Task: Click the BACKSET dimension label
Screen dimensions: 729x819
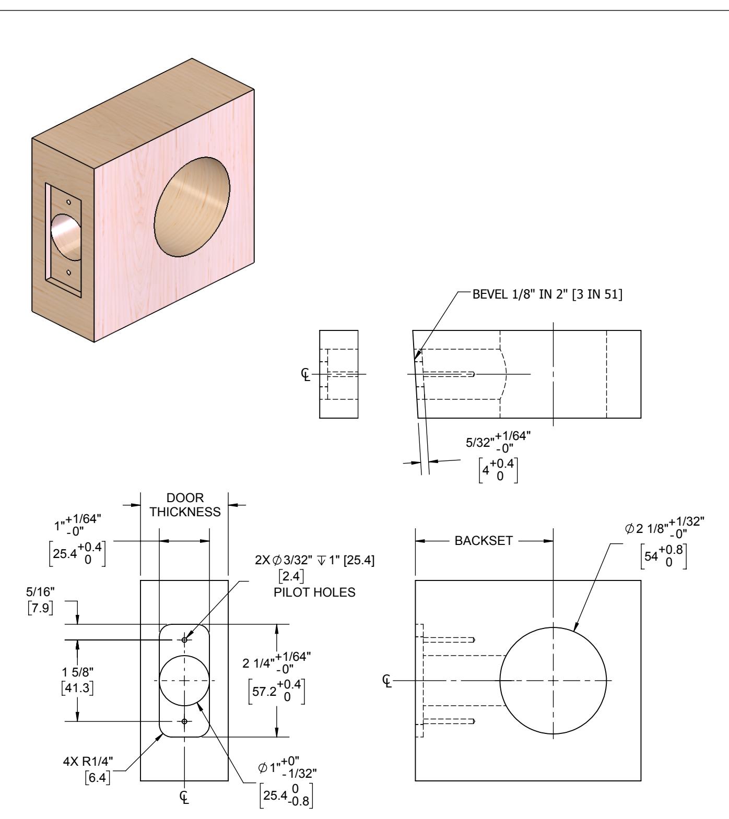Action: pos(484,540)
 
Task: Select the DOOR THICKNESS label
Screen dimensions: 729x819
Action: pos(185,505)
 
